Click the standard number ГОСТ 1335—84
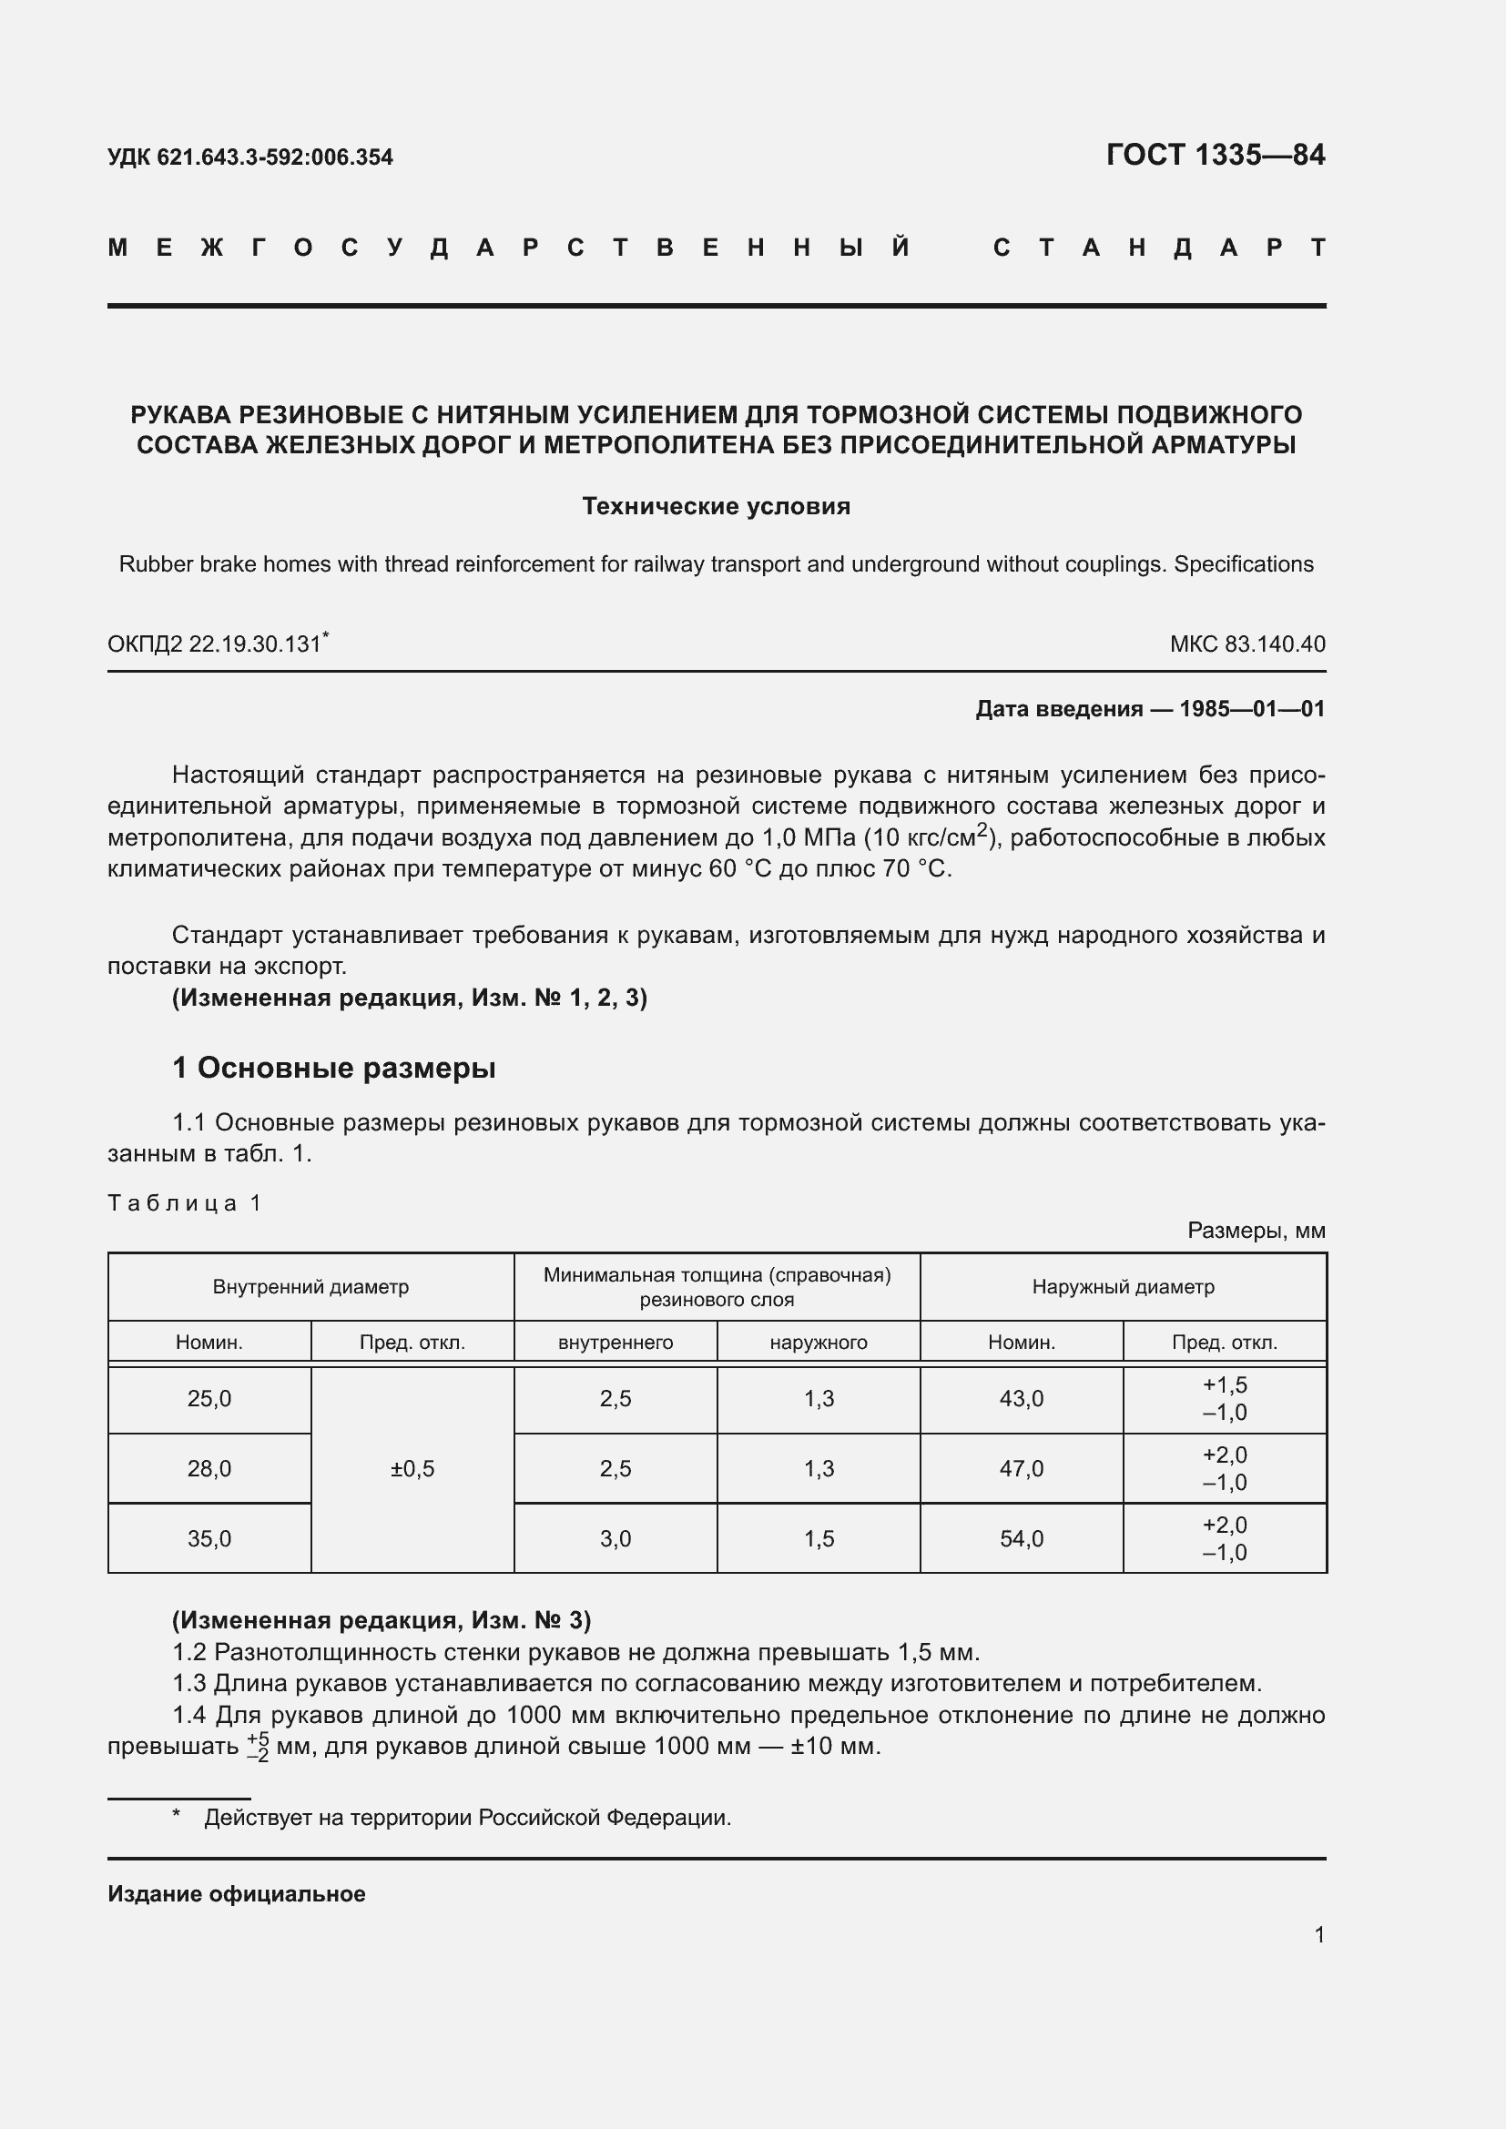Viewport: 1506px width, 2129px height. (x=1215, y=155)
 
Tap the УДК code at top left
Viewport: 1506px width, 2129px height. (x=250, y=157)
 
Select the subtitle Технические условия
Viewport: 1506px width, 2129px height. (x=716, y=506)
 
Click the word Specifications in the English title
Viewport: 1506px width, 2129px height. (x=1244, y=563)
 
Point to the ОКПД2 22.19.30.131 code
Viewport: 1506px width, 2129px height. (x=216, y=644)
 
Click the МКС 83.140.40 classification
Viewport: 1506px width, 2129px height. (x=1247, y=644)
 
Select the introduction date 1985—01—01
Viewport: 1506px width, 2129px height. (x=1252, y=709)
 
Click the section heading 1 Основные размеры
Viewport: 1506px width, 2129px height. (x=334, y=1069)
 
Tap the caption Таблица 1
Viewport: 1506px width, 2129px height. (x=186, y=1203)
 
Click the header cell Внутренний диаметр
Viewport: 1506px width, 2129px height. (x=310, y=1287)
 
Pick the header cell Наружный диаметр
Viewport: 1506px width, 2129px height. (x=1123, y=1287)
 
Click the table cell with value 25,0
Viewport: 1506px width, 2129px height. (x=209, y=1399)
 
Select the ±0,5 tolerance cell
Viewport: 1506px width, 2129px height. (x=412, y=1469)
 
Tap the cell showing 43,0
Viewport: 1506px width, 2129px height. (x=1021, y=1399)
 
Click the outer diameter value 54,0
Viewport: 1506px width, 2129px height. (x=1021, y=1539)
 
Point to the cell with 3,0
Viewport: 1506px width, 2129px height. (x=616, y=1539)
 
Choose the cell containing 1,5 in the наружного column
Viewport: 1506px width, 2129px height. (x=819, y=1539)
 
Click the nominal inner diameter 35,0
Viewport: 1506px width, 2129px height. (x=209, y=1539)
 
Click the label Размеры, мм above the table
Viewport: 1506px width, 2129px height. (x=1257, y=1231)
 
